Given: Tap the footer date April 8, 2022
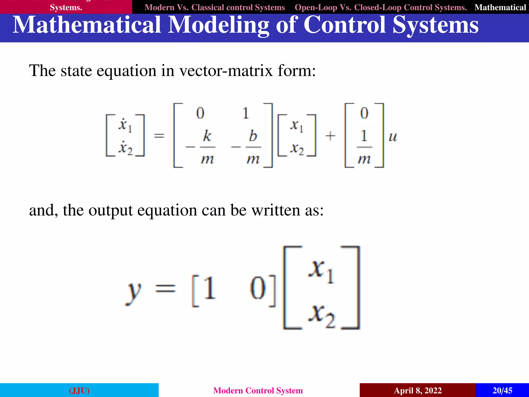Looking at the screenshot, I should point(418,390).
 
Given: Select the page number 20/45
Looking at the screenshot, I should point(502,390).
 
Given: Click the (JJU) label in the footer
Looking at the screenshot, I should point(79,390).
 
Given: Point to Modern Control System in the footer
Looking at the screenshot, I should point(258,390).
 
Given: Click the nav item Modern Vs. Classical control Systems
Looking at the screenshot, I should point(215,7).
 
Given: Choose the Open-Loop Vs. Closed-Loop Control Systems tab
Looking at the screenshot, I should point(380,7).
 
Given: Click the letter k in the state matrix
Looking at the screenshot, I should point(207,136).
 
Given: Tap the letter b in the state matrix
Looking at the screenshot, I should point(253,136).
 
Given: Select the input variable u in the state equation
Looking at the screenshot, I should point(393,136).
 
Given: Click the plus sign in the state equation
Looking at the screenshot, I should point(330,136).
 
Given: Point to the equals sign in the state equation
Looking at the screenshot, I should point(159,136).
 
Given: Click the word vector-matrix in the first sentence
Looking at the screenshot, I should point(226,71).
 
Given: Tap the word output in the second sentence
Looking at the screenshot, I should point(111,210).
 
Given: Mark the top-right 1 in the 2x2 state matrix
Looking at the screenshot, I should point(246,113).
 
